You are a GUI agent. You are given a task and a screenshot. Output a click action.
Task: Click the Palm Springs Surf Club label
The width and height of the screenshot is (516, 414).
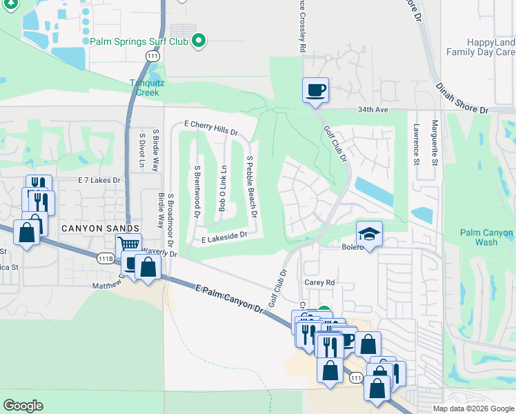click(x=139, y=41)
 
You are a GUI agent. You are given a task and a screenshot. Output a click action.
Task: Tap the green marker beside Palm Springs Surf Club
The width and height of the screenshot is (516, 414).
click(x=199, y=41)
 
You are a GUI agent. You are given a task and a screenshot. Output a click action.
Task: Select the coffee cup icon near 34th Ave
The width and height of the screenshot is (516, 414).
click(x=315, y=90)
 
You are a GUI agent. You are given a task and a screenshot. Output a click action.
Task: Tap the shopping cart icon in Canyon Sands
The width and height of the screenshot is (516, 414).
click(x=128, y=244)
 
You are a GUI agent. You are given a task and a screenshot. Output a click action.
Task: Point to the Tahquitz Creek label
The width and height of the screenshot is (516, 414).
click(x=146, y=88)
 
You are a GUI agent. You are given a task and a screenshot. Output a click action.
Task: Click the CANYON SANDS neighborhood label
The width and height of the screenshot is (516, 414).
click(x=101, y=228)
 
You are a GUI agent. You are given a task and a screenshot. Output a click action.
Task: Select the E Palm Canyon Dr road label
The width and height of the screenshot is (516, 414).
click(x=230, y=299)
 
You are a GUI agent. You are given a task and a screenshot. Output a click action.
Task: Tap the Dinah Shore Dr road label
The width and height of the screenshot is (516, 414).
click(x=461, y=97)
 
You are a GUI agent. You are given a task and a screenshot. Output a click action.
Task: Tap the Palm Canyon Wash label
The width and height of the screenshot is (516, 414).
click(x=487, y=237)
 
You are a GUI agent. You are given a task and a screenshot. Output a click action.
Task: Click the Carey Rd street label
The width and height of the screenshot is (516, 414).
click(x=319, y=282)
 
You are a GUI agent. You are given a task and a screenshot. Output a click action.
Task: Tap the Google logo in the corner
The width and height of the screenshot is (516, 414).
click(x=23, y=406)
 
